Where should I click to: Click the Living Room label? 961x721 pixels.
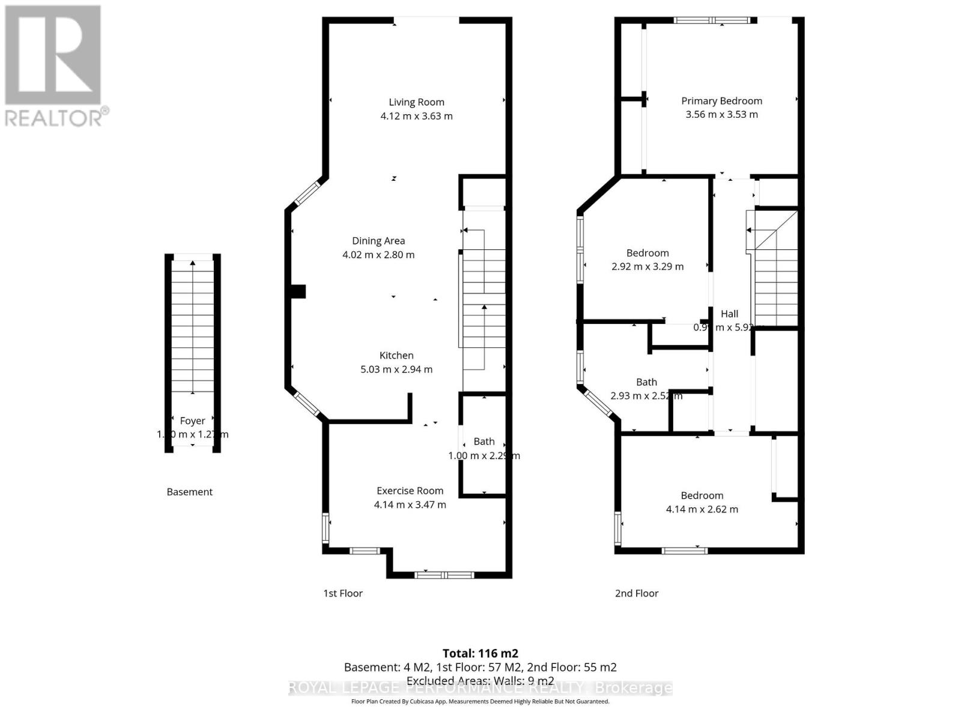tap(416, 102)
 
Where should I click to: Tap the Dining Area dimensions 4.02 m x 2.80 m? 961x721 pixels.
tap(378, 255)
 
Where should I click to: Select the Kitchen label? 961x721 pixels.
tap(396, 356)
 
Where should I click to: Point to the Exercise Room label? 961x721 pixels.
tap(410, 491)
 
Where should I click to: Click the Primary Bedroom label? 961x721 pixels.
tap(721, 101)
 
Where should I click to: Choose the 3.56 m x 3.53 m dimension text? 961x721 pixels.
tap(721, 115)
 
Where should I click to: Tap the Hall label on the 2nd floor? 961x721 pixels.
tap(729, 314)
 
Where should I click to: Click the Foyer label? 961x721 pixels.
tap(192, 421)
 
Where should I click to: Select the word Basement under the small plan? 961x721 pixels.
tap(189, 491)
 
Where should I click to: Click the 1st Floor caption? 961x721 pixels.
tap(343, 593)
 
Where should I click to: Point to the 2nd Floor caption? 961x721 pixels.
tap(637, 593)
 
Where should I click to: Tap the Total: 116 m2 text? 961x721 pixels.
tap(480, 653)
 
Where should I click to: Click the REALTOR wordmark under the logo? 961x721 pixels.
tap(55, 117)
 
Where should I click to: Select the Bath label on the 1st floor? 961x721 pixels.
tap(484, 442)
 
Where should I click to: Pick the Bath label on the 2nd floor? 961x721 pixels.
tap(646, 382)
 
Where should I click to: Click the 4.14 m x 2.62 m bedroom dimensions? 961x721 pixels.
tap(702, 510)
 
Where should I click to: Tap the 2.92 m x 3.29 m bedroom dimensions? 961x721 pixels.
tap(647, 267)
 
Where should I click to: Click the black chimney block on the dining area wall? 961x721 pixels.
tap(298, 291)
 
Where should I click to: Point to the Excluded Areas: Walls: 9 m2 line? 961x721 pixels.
tap(480, 681)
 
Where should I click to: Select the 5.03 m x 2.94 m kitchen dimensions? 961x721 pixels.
tap(396, 370)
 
